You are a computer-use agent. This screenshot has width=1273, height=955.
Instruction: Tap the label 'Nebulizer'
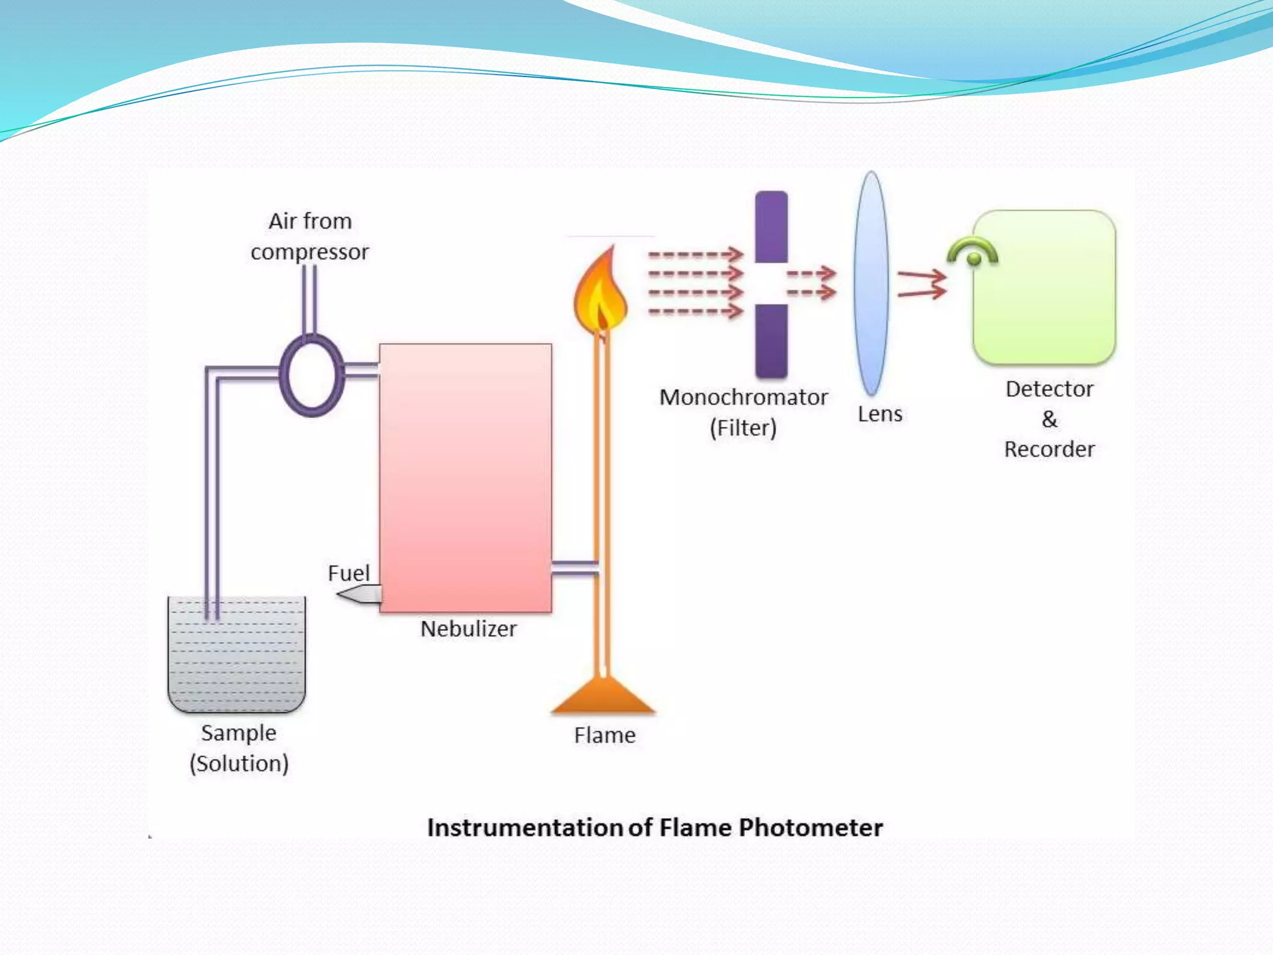(x=468, y=629)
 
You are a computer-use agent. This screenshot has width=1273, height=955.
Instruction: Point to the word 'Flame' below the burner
(x=605, y=736)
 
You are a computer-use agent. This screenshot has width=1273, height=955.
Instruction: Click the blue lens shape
(x=871, y=284)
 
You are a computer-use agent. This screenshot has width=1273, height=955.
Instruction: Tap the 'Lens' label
(x=880, y=414)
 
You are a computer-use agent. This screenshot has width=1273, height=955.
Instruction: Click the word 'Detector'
(x=1049, y=389)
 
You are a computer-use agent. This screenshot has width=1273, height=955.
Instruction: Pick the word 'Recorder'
(x=1049, y=450)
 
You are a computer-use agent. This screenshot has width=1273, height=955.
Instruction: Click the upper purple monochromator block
(x=771, y=227)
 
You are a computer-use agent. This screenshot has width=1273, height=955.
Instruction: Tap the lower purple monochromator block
(x=771, y=341)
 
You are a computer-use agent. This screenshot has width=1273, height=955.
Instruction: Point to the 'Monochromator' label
(x=743, y=397)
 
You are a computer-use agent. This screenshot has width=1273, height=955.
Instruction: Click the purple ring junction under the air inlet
(x=311, y=375)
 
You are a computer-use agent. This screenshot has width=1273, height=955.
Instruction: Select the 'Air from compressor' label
(x=310, y=236)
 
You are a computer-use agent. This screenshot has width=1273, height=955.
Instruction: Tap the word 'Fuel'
(x=348, y=573)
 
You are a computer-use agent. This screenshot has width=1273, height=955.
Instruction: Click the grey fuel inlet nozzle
(x=359, y=594)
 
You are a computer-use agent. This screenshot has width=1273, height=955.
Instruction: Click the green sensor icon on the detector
(x=973, y=253)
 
